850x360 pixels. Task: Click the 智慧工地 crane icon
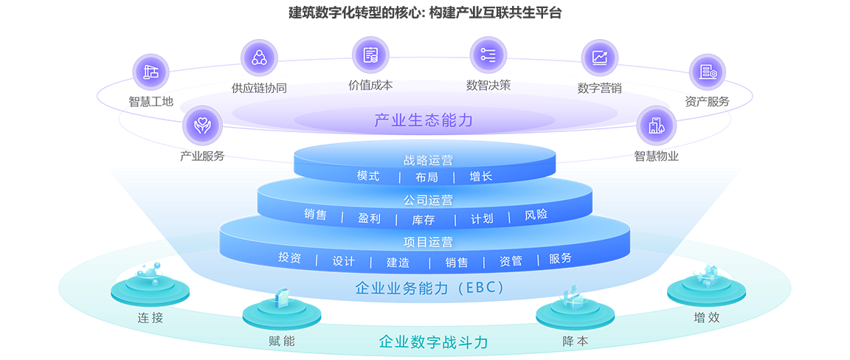[x=151, y=72]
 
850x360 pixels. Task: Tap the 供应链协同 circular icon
[x=259, y=58]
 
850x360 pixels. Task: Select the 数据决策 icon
[x=488, y=54]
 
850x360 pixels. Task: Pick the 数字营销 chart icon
[x=599, y=58]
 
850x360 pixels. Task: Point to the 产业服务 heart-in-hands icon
[x=201, y=124]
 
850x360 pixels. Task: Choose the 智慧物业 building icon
[x=655, y=124]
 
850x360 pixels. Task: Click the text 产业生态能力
[x=424, y=120]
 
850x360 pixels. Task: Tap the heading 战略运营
[x=428, y=160]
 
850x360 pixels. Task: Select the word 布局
[x=426, y=177]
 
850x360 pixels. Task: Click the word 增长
[x=480, y=176]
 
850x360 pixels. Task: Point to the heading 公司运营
[x=428, y=199]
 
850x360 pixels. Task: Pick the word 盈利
[x=369, y=218]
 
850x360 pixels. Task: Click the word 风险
[x=536, y=215]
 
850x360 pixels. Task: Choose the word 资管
[x=511, y=260]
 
